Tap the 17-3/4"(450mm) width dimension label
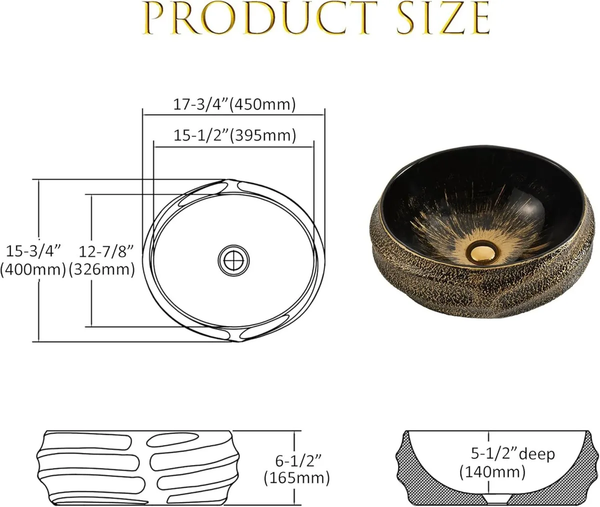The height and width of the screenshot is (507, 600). click(x=234, y=104)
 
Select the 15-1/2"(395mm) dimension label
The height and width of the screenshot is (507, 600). click(x=234, y=135)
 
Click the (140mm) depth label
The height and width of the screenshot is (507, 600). click(x=492, y=471)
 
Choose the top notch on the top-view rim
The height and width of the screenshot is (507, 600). click(x=231, y=186)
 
